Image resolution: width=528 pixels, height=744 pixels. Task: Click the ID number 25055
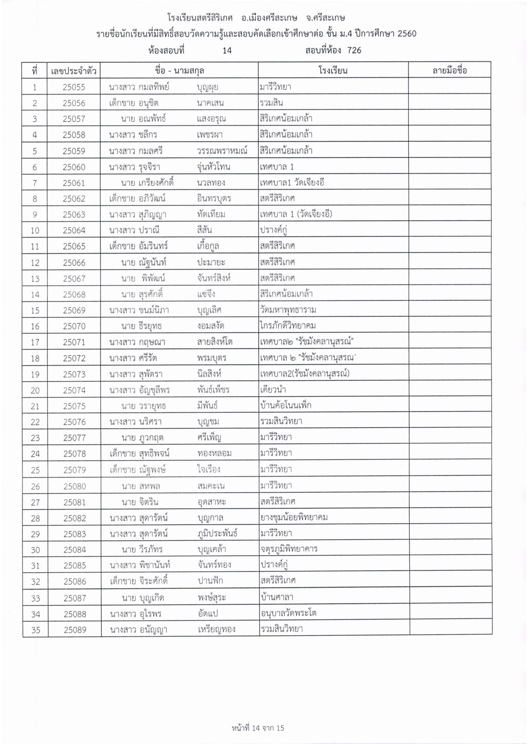(x=74, y=87)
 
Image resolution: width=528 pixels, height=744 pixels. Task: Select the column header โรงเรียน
(x=333, y=70)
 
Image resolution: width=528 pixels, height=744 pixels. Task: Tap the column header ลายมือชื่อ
(x=449, y=70)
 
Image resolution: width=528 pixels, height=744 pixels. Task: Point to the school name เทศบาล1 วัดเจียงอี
(x=292, y=183)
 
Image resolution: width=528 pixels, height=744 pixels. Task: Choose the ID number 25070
(x=74, y=326)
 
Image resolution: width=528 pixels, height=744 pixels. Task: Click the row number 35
(x=36, y=630)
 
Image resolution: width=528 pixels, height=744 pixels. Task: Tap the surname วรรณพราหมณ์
(x=222, y=151)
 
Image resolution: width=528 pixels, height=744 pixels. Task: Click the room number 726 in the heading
(x=354, y=50)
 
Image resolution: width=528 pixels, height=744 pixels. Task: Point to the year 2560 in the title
(x=407, y=34)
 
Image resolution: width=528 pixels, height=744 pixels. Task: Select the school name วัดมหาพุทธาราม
(x=288, y=310)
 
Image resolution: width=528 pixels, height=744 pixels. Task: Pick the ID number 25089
(x=75, y=630)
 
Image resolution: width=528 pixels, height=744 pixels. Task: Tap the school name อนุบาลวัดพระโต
(x=288, y=614)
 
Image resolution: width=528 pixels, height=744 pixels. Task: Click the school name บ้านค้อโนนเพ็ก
(x=286, y=405)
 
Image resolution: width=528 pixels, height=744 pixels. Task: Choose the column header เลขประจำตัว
(x=74, y=70)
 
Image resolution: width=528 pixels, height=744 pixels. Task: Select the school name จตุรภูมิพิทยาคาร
(x=289, y=549)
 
